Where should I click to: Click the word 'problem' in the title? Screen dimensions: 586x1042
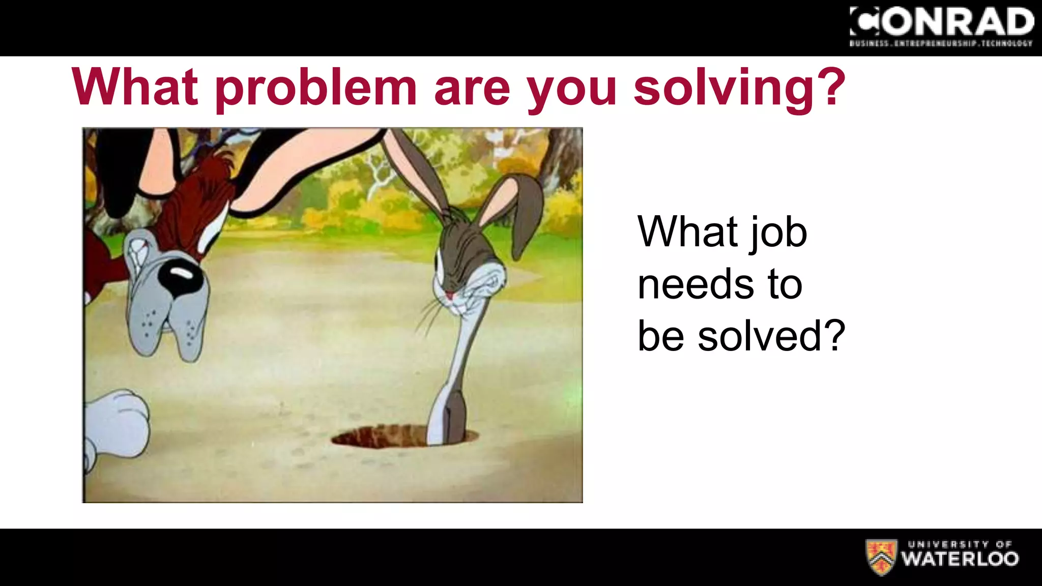point(315,87)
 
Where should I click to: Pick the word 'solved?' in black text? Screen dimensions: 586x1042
point(771,336)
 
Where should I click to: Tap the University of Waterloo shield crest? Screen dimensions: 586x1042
point(881,558)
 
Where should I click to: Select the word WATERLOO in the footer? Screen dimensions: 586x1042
point(960,559)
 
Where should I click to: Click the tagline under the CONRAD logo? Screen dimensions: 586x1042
point(941,44)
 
